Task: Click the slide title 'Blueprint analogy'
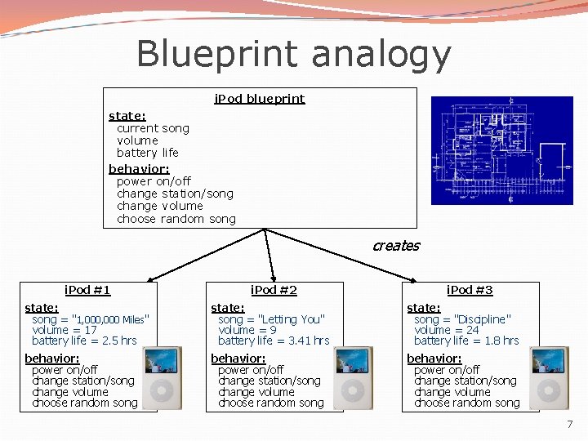click(293, 55)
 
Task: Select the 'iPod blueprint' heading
click(259, 99)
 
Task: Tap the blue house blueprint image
click(502, 150)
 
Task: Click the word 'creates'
click(395, 246)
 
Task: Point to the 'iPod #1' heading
click(87, 290)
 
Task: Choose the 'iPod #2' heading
click(274, 290)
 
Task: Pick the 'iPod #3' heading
click(470, 290)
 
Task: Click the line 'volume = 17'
click(64, 330)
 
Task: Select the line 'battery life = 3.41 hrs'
click(274, 341)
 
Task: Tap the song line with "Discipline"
click(462, 319)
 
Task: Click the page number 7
click(569, 425)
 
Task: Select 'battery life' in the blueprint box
click(147, 153)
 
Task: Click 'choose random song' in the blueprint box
click(176, 219)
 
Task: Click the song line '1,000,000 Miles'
click(90, 319)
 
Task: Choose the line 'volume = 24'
click(446, 330)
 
